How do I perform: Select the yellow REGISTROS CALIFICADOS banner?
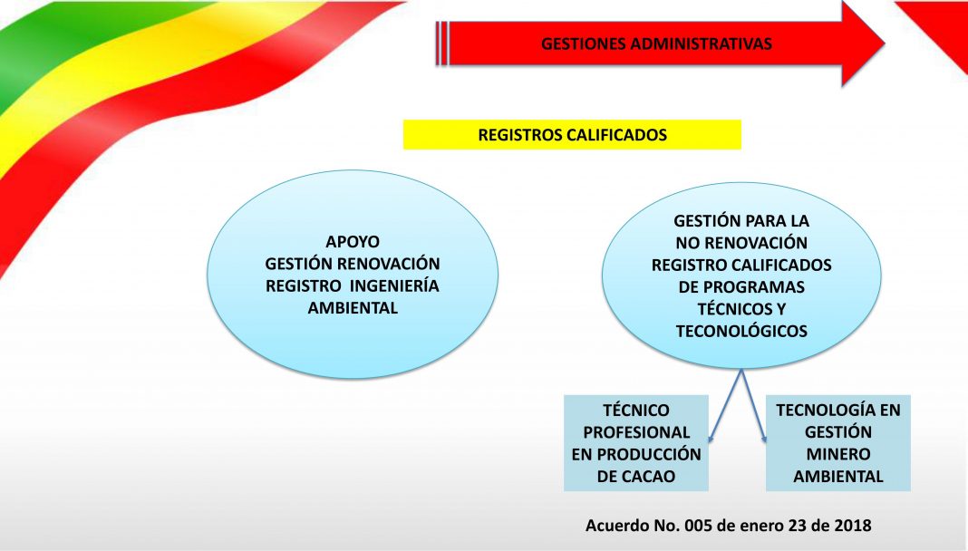tap(572, 134)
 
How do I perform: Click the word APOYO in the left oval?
tap(353, 241)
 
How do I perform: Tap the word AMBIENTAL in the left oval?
tap(353, 308)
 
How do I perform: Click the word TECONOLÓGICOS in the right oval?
tap(741, 332)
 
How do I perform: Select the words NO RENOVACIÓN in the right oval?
tap(741, 243)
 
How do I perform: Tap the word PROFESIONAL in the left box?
tap(636, 432)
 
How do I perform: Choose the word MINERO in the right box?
tap(838, 454)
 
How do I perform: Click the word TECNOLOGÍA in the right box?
tap(819, 410)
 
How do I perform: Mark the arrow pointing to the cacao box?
tap(725, 405)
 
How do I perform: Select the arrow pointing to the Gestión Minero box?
tap(754, 405)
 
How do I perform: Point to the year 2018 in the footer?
tap(853, 526)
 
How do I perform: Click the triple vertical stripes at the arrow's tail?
tap(442, 43)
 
